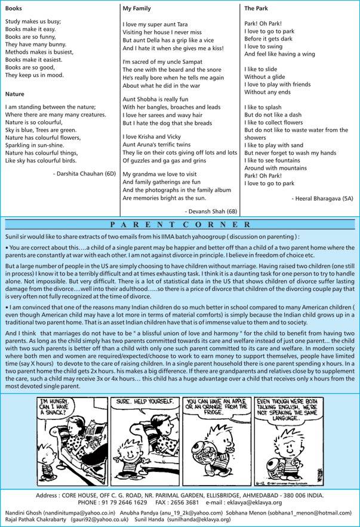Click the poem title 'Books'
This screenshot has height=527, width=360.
(x=13, y=9)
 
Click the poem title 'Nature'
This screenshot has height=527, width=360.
(x=14, y=94)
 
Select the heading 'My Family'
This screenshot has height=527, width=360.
(x=137, y=9)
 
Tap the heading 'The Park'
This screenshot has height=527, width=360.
(x=257, y=9)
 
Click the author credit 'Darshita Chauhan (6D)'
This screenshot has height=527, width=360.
(x=84, y=173)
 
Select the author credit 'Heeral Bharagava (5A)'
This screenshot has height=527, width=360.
(x=323, y=198)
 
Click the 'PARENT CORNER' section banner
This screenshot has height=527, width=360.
(x=180, y=225)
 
